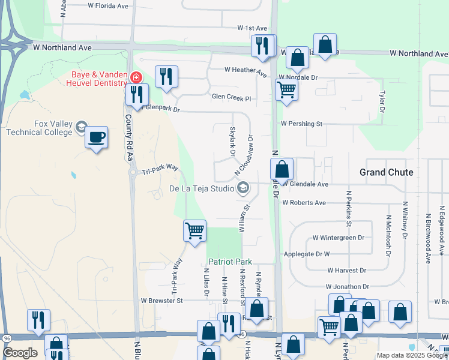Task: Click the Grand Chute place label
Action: (386, 172)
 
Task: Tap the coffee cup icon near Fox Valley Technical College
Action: (96, 138)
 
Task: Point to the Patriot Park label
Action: (231, 262)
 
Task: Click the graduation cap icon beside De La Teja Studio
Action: (243, 188)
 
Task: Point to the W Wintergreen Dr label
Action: (338, 238)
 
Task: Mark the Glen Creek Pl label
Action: (231, 97)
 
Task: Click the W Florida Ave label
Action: (108, 6)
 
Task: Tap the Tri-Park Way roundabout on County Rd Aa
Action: (133, 173)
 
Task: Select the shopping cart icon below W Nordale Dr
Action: (287, 91)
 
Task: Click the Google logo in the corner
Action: (20, 353)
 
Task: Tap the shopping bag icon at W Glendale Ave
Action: (282, 170)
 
